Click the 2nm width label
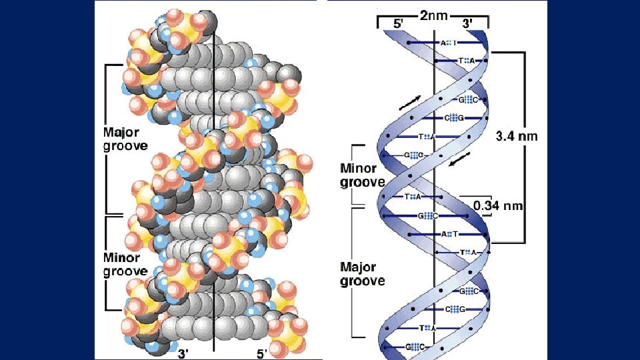point(433,15)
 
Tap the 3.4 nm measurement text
point(516,136)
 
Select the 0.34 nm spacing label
point(498,205)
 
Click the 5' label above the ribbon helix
point(397,23)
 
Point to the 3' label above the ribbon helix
point(468,23)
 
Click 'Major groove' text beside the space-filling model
point(125,139)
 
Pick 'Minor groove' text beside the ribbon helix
point(363,175)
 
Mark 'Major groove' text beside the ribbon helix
point(363,274)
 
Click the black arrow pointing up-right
point(410,102)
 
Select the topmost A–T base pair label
point(448,43)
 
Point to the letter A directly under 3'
point(472,61)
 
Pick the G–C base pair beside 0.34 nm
point(427,216)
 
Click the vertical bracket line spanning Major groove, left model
point(105,139)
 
